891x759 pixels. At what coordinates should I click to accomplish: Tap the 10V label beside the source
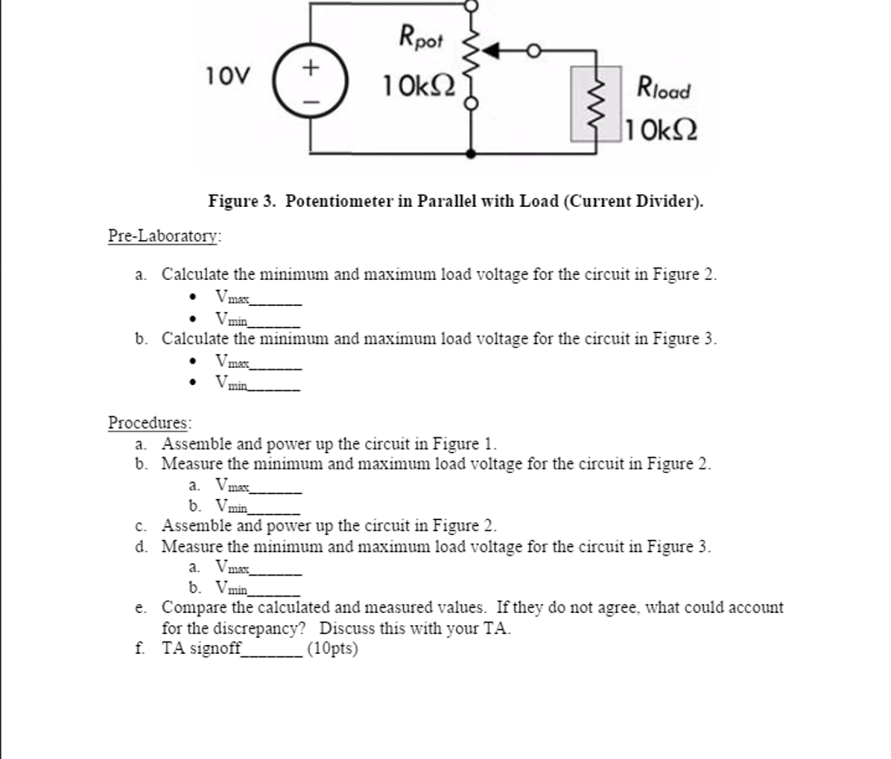tap(229, 77)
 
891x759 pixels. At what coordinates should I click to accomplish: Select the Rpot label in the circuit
tap(421, 37)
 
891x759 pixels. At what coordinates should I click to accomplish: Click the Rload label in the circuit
tap(663, 87)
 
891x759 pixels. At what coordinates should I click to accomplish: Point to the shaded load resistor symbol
tap(596, 103)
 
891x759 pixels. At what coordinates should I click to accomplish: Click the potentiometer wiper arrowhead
tap(490, 52)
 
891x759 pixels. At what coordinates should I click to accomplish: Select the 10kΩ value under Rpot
tap(419, 85)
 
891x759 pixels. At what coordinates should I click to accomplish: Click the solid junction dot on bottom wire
tap(471, 153)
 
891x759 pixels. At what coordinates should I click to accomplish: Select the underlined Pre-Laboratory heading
tap(164, 236)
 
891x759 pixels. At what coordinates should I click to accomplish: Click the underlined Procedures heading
tap(149, 423)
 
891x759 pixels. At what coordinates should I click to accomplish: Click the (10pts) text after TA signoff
tap(332, 649)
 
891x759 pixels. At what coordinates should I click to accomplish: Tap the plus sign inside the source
tap(312, 68)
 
